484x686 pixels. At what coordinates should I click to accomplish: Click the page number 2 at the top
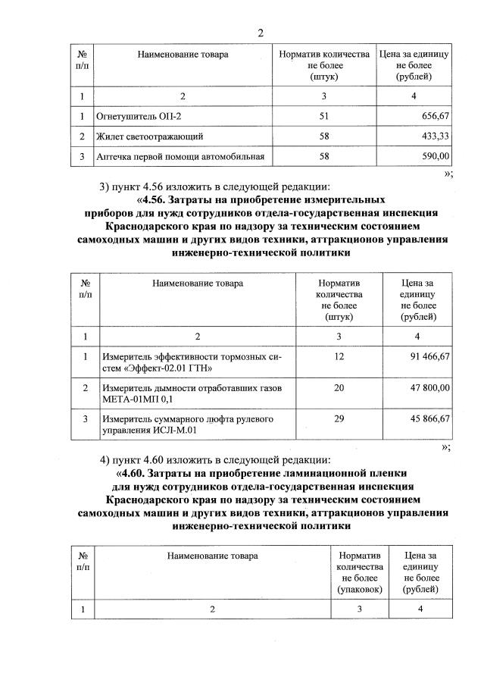click(260, 33)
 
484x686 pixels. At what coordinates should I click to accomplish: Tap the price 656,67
click(432, 117)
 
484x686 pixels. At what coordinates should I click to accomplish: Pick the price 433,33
click(432, 136)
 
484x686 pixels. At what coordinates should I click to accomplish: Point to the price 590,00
click(432, 156)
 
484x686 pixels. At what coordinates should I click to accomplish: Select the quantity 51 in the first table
click(324, 117)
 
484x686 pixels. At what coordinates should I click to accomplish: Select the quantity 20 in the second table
click(339, 387)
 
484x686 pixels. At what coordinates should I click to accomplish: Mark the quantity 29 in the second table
click(339, 418)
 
